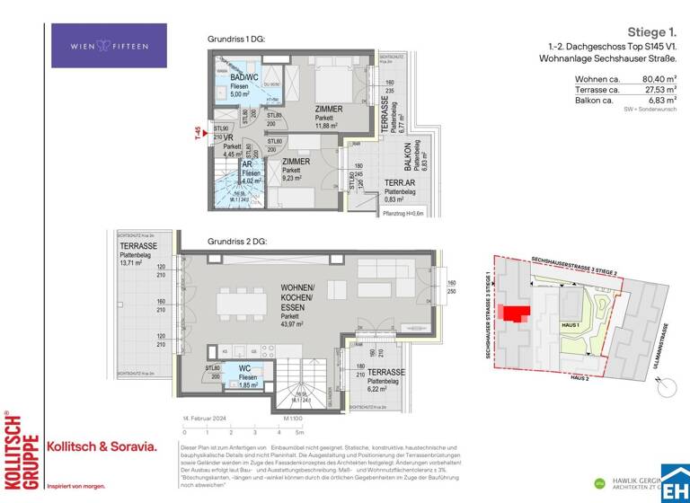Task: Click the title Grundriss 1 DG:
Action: pos(236,40)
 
